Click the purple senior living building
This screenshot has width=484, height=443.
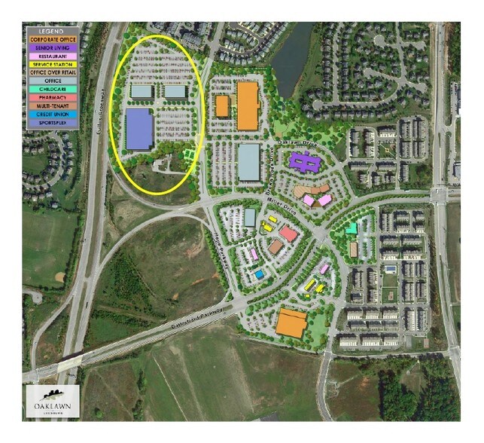(x=303, y=161)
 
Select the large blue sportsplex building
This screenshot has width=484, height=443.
(x=139, y=129)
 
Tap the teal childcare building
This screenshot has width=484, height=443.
(x=352, y=228)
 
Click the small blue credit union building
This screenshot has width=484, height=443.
(x=259, y=274)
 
